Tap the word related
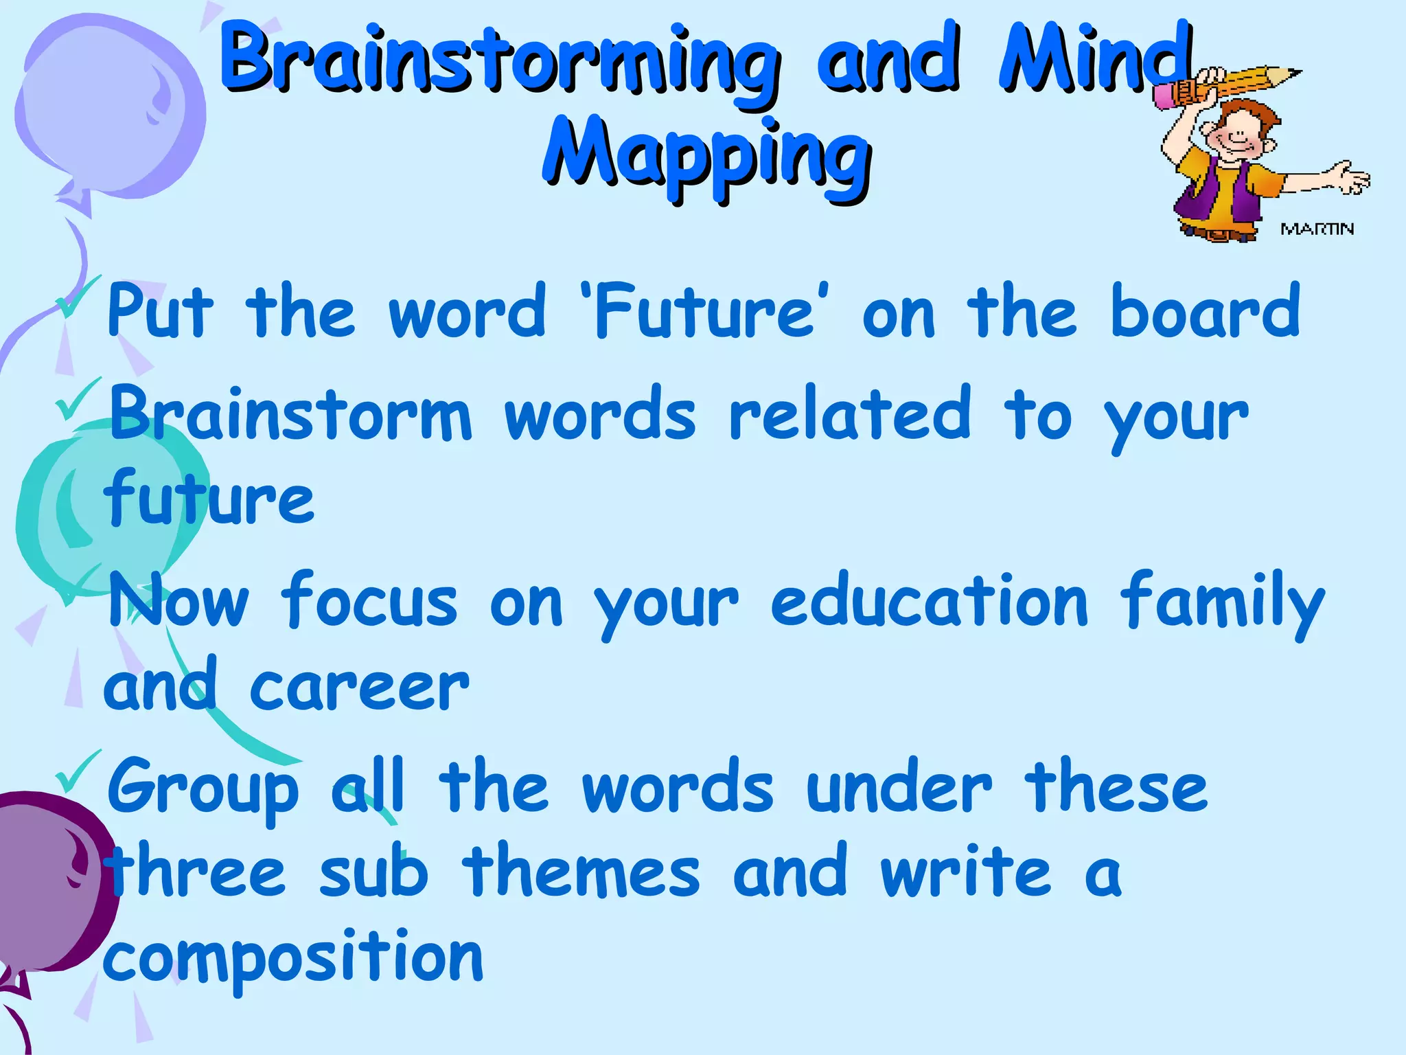(x=849, y=413)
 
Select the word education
(x=928, y=601)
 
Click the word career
(x=359, y=688)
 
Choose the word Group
(x=203, y=790)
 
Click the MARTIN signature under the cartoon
(x=1317, y=229)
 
